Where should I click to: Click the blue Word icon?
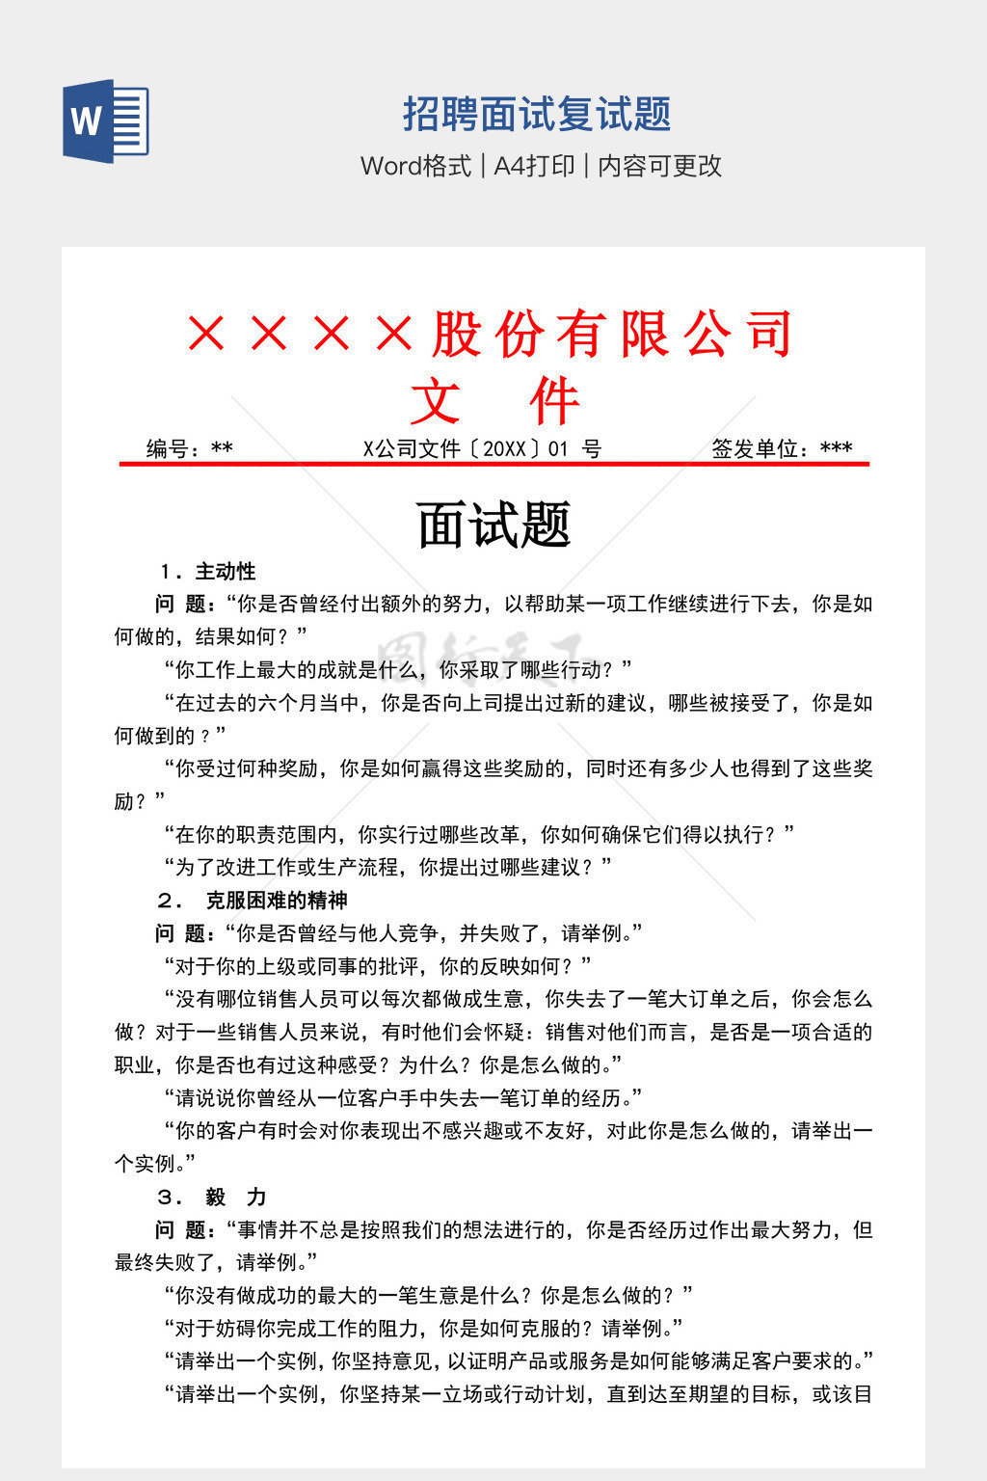[x=106, y=121]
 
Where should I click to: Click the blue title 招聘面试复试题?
[x=537, y=115]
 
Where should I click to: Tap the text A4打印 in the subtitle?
[x=534, y=166]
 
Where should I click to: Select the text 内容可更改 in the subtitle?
[x=660, y=166]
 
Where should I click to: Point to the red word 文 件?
[x=494, y=401]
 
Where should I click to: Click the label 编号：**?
[x=190, y=448]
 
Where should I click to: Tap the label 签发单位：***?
[x=782, y=448]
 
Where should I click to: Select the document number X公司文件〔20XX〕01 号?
[x=482, y=448]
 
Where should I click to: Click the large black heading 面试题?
[x=493, y=525]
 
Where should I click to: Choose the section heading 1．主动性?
[x=207, y=572]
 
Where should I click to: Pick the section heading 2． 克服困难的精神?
[x=252, y=901]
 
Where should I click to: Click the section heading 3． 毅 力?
[x=211, y=1198]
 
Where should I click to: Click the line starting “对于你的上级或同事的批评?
[x=378, y=966]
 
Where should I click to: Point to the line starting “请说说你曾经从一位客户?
[x=403, y=1098]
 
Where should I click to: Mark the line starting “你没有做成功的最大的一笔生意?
[x=428, y=1296]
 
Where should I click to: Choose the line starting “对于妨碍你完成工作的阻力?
[x=423, y=1329]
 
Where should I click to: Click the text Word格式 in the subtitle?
[x=415, y=166]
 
